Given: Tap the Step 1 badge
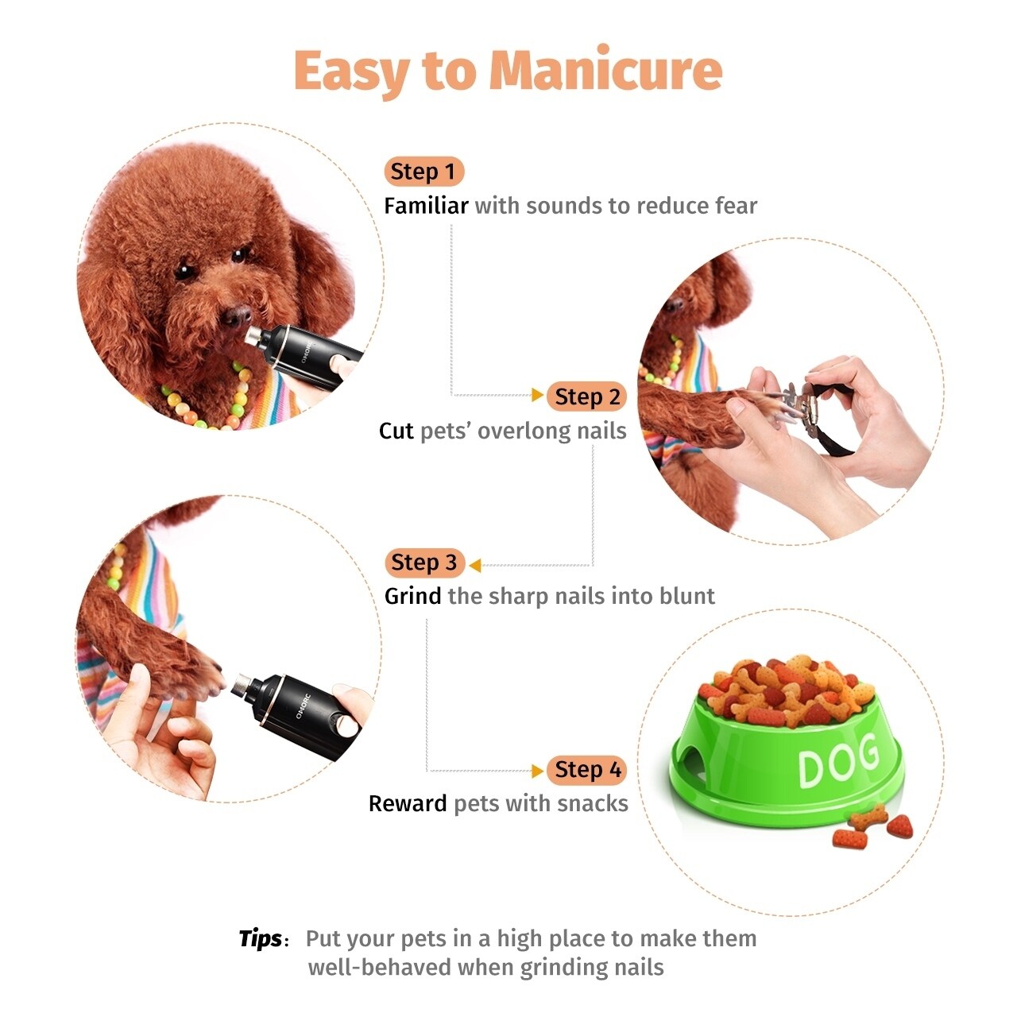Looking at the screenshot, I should pyautogui.click(x=423, y=172).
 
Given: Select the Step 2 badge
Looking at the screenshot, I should pyautogui.click(x=587, y=396).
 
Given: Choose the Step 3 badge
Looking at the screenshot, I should pyautogui.click(x=423, y=563).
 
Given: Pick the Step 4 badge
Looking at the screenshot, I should pyautogui.click(x=587, y=769).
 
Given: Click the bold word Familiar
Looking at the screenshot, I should pyautogui.click(x=426, y=206).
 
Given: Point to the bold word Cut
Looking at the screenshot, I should pyautogui.click(x=396, y=431).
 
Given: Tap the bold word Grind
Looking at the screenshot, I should pyautogui.click(x=412, y=596).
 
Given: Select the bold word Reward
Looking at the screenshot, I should pyautogui.click(x=408, y=803).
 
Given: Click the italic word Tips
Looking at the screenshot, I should pyautogui.click(x=260, y=938).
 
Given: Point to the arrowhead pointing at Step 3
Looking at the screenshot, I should pyautogui.click(x=475, y=565).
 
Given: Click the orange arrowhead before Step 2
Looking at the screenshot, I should pyautogui.click(x=538, y=395).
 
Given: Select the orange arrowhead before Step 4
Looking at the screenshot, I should pyautogui.click(x=538, y=770).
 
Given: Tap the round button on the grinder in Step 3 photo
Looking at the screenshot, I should pyautogui.click(x=346, y=725).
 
